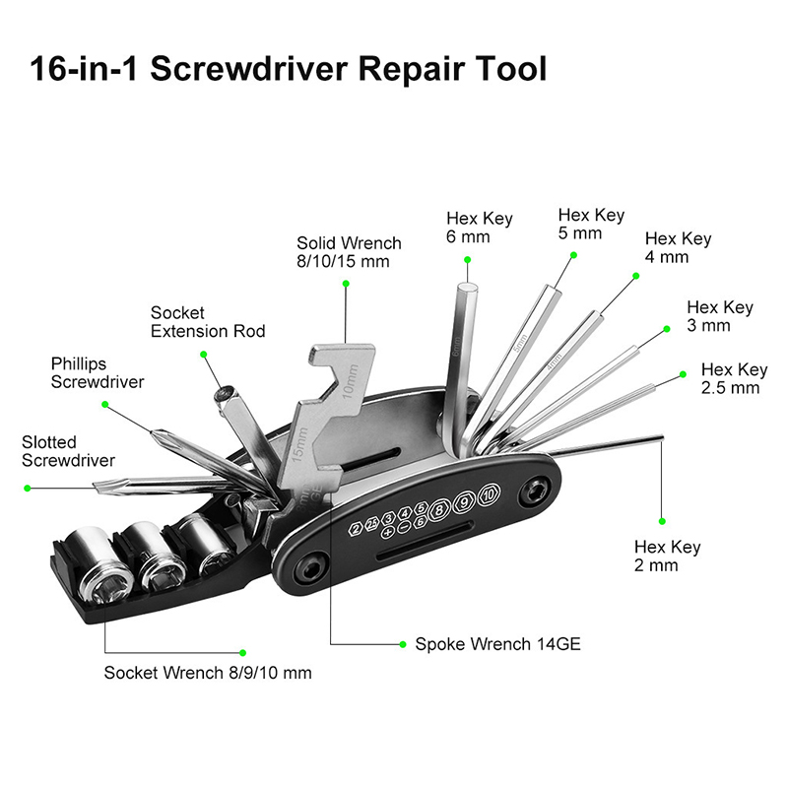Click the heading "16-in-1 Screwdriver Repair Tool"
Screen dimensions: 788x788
click(287, 70)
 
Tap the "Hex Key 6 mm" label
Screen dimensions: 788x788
click(479, 228)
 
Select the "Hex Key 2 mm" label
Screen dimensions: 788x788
click(668, 557)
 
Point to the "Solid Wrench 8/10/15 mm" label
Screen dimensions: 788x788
click(349, 251)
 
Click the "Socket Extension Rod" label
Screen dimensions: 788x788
click(208, 322)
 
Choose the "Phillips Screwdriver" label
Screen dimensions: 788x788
click(98, 372)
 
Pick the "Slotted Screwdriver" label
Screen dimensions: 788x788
click(68, 452)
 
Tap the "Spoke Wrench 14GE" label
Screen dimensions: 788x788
click(497, 644)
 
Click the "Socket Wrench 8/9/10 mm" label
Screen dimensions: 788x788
click(208, 673)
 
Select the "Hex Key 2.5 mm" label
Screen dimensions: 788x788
click(734, 378)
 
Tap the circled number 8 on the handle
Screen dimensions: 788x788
click(440, 509)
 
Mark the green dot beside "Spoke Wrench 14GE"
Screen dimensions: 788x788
click(403, 644)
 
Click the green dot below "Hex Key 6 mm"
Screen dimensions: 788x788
click(467, 260)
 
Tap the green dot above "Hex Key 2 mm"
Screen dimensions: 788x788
click(662, 521)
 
